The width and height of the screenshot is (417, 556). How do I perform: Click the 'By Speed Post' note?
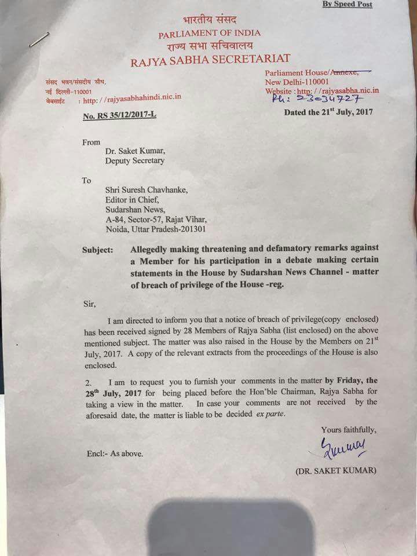pos(347,5)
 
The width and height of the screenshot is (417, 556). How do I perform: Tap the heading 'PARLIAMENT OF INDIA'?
pos(210,34)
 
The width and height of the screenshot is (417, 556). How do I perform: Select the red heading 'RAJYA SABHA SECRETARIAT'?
pos(210,58)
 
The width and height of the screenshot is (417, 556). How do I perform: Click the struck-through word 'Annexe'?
pos(343,72)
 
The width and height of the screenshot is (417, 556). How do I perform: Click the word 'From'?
pos(91,141)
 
